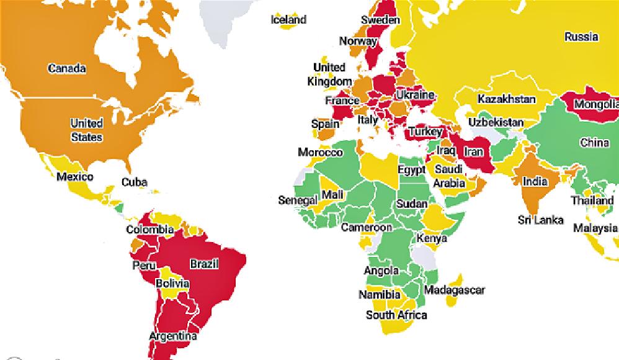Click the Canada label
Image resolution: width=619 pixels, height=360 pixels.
pos(67,68)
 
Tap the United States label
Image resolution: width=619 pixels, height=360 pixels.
pos(86,130)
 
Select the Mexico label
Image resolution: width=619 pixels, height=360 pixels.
pos(74,177)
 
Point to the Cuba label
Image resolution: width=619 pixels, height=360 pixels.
pos(134,182)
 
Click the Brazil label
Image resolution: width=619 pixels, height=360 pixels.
pos(204,264)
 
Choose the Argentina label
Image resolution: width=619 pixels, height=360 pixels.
pos(172,337)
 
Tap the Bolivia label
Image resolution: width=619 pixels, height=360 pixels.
pos(172,284)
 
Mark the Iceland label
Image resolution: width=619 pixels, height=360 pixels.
pos(288,20)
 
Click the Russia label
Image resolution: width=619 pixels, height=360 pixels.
pos(581,37)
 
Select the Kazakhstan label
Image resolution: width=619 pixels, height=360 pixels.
pos(506,99)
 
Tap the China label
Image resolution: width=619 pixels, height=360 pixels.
pos(594,143)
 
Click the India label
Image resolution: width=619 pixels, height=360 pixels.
pos(535,182)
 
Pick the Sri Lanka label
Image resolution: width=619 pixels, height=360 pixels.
pos(541,220)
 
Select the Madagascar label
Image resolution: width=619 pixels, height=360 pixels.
pos(454,290)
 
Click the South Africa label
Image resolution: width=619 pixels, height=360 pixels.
pos(396,315)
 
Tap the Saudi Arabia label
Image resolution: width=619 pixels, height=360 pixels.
pos(449,176)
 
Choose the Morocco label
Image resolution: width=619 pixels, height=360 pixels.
pos(320,152)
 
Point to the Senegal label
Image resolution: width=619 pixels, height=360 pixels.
pos(298,200)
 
